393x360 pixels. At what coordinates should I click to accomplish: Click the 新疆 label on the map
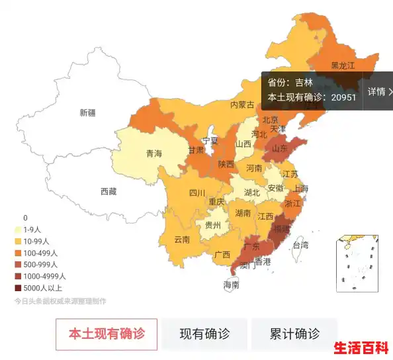(x=87, y=112)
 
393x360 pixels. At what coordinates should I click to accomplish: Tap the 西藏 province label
(x=109, y=191)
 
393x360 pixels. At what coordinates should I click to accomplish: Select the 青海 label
(x=153, y=154)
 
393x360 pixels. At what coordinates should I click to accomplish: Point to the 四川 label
(x=197, y=193)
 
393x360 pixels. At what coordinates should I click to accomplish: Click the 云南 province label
(x=183, y=240)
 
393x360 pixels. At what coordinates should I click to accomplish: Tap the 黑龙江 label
(x=343, y=66)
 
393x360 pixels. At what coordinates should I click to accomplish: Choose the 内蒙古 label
(x=242, y=105)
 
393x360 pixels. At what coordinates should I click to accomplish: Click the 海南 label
(x=231, y=285)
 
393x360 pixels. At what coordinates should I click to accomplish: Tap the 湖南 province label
(x=243, y=214)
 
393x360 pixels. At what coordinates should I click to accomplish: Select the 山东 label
(x=280, y=149)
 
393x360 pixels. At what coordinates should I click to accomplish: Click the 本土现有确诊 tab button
(x=107, y=334)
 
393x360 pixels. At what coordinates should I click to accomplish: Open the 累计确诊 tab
(x=294, y=334)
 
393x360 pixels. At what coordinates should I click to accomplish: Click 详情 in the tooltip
(x=379, y=91)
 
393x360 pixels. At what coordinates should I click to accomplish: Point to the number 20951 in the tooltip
(x=344, y=97)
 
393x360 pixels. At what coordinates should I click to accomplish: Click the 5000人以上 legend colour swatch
(x=18, y=288)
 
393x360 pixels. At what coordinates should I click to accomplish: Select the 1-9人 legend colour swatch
(x=18, y=230)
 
